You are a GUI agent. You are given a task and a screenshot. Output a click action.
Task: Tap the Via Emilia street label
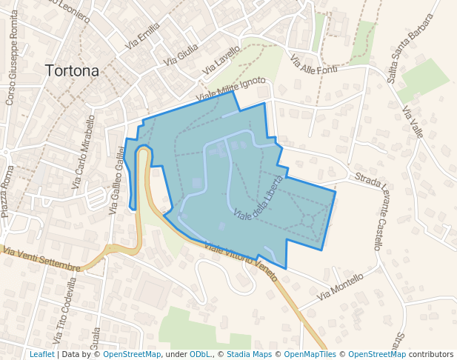click(x=142, y=36)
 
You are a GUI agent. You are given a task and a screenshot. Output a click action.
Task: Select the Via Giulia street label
click(x=181, y=53)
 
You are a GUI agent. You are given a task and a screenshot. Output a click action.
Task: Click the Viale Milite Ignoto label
click(x=230, y=90)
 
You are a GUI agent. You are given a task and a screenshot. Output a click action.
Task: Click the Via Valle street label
click(x=413, y=122)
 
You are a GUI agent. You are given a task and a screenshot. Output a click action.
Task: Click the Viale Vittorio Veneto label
click(x=241, y=263)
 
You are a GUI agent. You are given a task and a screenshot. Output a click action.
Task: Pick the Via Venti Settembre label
click(x=41, y=259)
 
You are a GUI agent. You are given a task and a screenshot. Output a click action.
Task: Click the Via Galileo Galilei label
click(x=118, y=180)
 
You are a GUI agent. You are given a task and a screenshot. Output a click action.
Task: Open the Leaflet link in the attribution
click(x=41, y=354)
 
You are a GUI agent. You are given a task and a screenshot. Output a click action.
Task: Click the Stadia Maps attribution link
click(x=248, y=354)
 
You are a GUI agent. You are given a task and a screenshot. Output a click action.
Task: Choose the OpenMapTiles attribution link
click(x=310, y=354)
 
